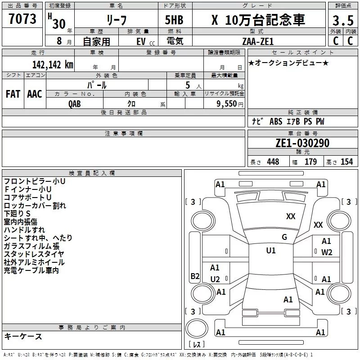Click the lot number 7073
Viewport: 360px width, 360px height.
click(x=22, y=19)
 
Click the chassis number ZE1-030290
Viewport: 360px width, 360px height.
click(x=302, y=144)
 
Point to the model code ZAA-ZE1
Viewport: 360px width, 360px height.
click(x=257, y=40)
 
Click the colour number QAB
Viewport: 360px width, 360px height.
click(x=75, y=103)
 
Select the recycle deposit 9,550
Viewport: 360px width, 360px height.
click(x=227, y=103)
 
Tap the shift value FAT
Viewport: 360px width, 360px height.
click(x=13, y=94)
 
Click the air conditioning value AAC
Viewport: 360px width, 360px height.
click(x=35, y=94)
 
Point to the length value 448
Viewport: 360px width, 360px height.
click(x=273, y=162)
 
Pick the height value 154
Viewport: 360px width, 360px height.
click(x=346, y=162)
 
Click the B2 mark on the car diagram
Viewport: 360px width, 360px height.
click(x=195, y=276)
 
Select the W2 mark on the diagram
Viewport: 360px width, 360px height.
click(x=327, y=252)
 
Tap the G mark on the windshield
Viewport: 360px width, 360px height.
click(x=284, y=237)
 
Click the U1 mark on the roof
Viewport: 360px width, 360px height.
click(x=270, y=251)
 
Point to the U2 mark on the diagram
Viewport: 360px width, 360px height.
click(x=215, y=279)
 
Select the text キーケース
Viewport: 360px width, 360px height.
click(x=23, y=337)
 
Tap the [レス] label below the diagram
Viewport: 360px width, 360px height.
click(x=197, y=345)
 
